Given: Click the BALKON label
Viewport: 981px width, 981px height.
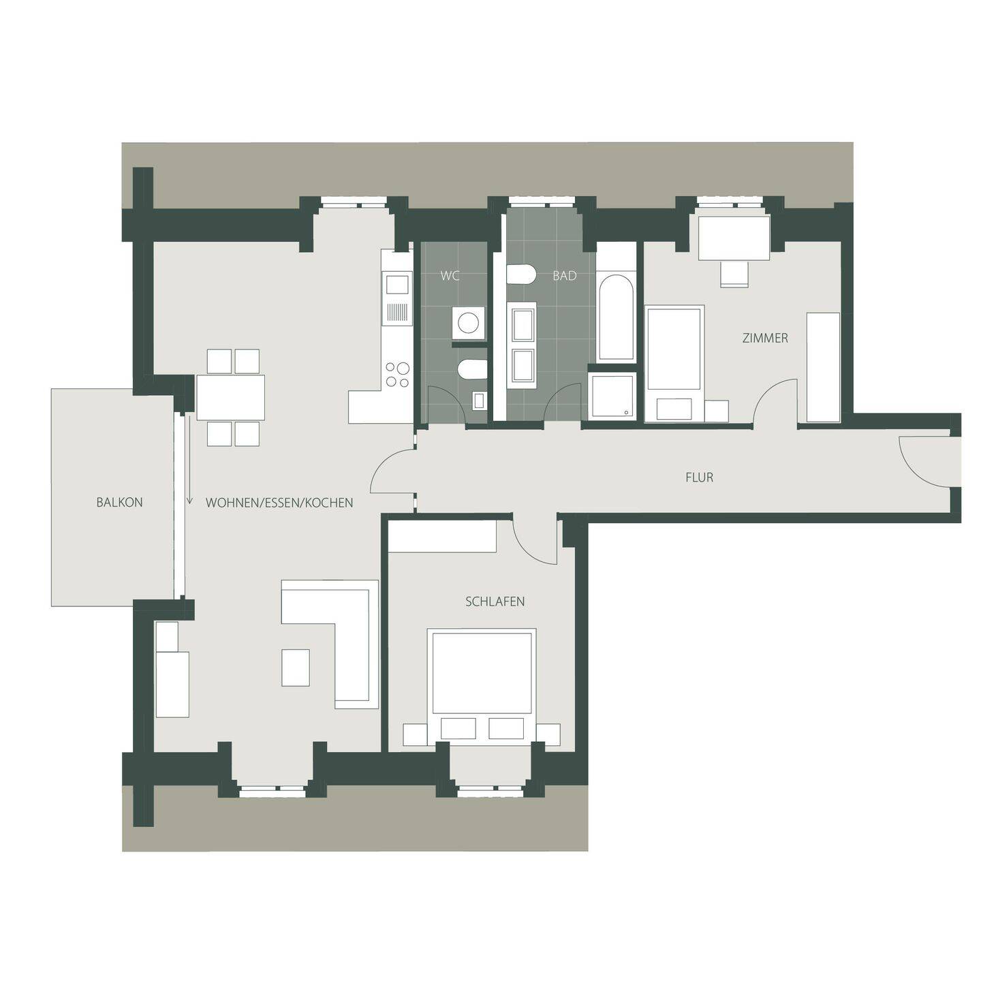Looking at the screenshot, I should pos(119,502).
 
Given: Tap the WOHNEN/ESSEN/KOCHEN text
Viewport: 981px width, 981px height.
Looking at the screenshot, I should pos(279,503).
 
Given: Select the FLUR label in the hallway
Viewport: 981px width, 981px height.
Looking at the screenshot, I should pos(699,477).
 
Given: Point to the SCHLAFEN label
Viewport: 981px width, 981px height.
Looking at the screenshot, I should pos(495,602).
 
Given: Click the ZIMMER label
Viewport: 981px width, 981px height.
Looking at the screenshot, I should pos(766,338).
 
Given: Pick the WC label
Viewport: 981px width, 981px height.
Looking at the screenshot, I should pos(450,276).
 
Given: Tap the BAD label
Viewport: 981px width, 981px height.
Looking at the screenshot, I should pos(564,276).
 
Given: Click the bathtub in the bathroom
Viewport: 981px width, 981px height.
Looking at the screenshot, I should pos(616,318).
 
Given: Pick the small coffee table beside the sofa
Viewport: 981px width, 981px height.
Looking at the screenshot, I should pos(295,667).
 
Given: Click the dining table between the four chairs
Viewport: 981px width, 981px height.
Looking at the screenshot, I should pos(231,397).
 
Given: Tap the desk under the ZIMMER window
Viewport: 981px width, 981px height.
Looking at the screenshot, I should pos(734,238).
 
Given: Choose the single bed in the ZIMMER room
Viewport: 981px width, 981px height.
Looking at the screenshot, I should pos(674,354).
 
